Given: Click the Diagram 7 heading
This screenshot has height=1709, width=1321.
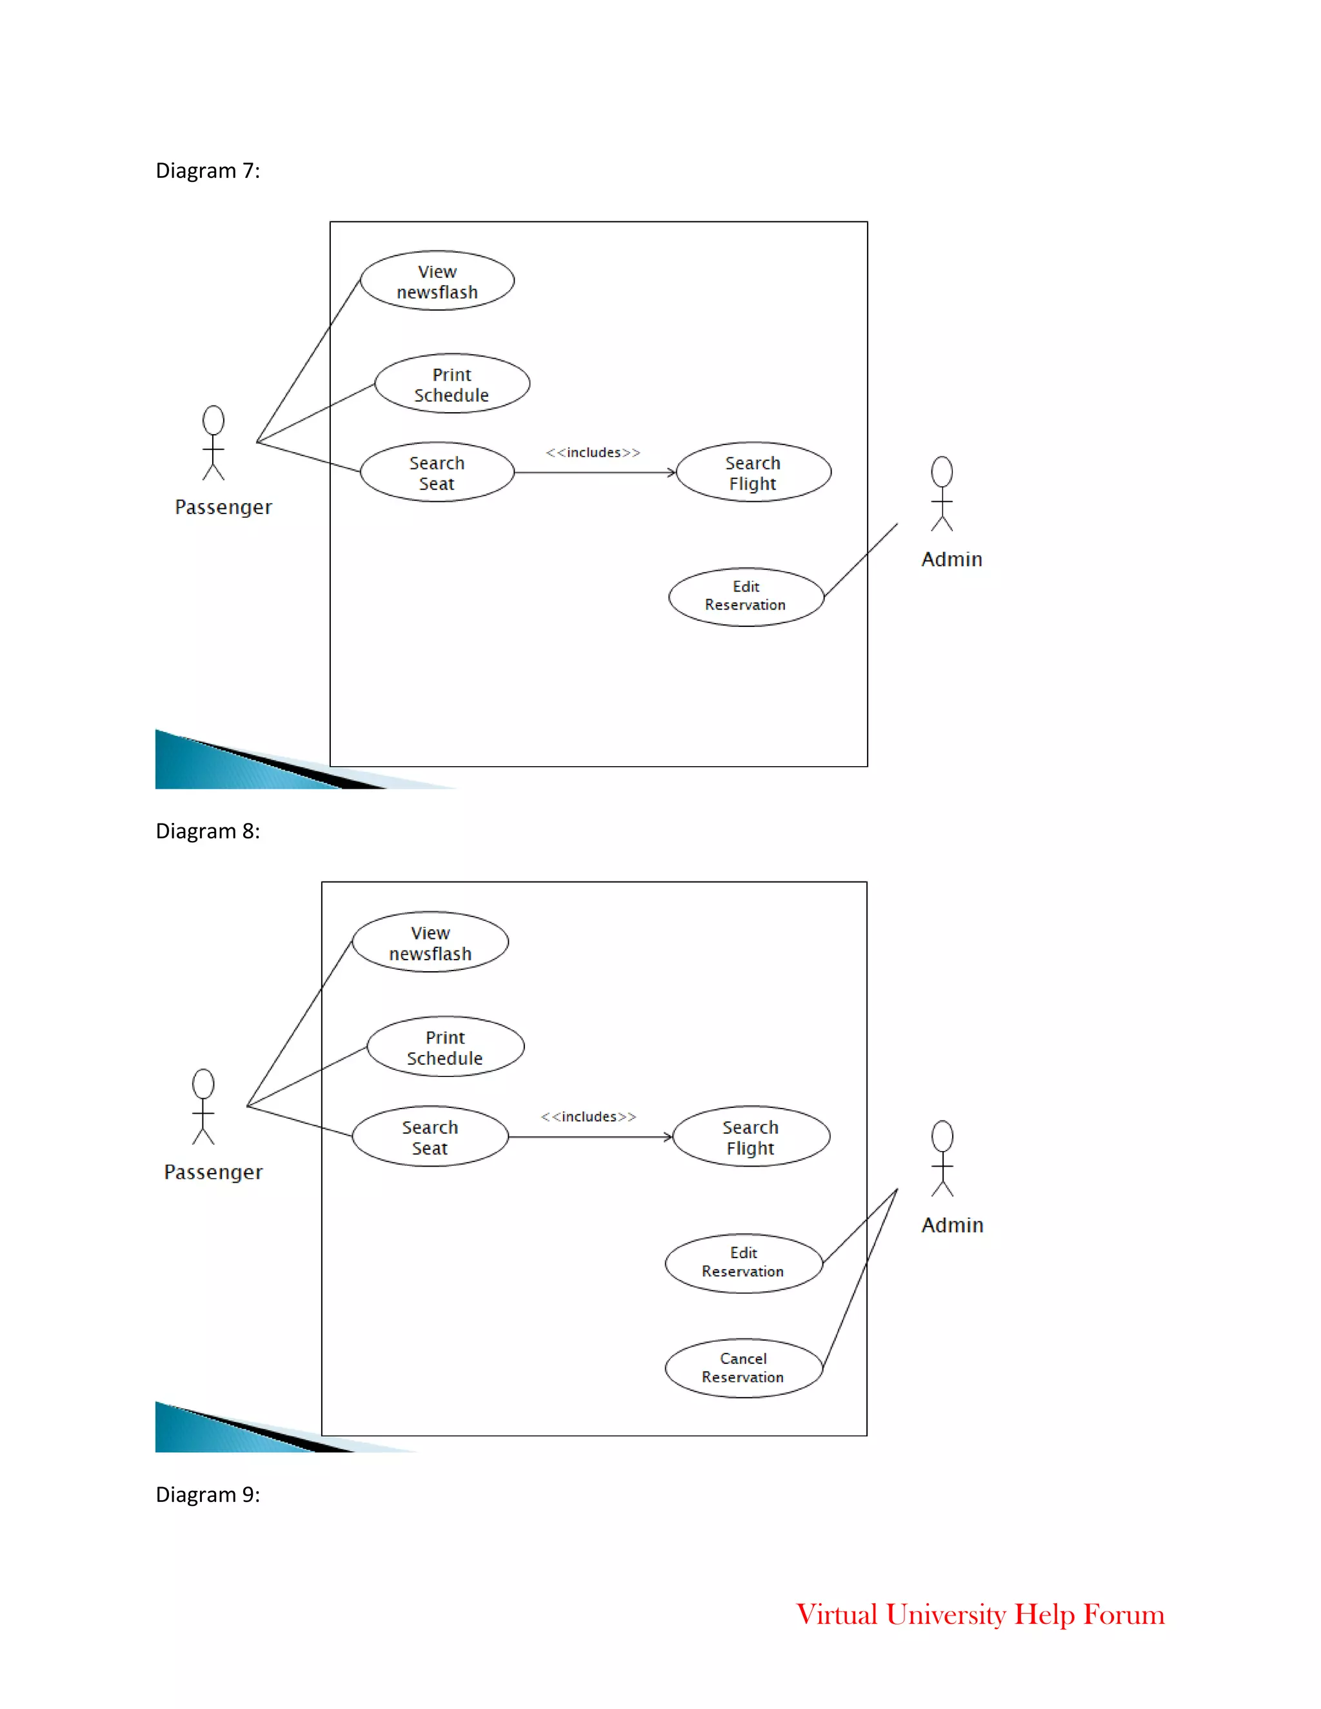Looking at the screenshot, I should tap(208, 171).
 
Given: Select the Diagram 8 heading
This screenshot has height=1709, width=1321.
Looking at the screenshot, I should tap(208, 831).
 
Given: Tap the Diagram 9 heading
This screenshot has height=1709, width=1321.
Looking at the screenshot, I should tap(208, 1495).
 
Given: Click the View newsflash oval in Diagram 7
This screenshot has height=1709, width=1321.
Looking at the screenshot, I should tap(437, 281).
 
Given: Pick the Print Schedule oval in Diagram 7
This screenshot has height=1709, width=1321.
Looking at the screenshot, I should tap(452, 384).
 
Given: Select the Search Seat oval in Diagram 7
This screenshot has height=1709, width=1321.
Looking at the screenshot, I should tap(437, 473).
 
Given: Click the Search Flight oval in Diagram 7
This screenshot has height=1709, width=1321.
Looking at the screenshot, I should tap(753, 473).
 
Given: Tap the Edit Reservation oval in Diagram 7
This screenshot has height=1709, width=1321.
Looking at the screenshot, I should tap(746, 597).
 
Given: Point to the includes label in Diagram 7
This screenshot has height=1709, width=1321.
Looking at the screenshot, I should tap(593, 452).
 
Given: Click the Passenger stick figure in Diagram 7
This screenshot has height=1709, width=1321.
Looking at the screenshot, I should tap(214, 443).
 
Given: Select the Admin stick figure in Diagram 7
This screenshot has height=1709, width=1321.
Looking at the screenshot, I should tap(942, 494).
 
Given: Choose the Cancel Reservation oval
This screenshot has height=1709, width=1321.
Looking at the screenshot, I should tap(744, 1368).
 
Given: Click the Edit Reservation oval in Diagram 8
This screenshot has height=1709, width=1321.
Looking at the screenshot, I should tap(744, 1262).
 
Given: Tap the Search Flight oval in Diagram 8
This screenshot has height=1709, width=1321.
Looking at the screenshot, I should tap(751, 1137).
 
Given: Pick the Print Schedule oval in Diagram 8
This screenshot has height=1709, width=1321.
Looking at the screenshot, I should tap(445, 1047).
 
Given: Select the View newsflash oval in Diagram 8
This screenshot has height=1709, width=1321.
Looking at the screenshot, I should tap(430, 943).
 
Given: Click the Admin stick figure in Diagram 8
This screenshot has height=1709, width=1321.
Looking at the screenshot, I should tap(942, 1158).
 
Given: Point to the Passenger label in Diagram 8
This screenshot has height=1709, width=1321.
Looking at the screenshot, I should tap(214, 1172).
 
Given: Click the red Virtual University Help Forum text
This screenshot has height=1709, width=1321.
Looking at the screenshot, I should tap(980, 1615).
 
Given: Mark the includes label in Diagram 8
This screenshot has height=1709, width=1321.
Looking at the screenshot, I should tap(588, 1116).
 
